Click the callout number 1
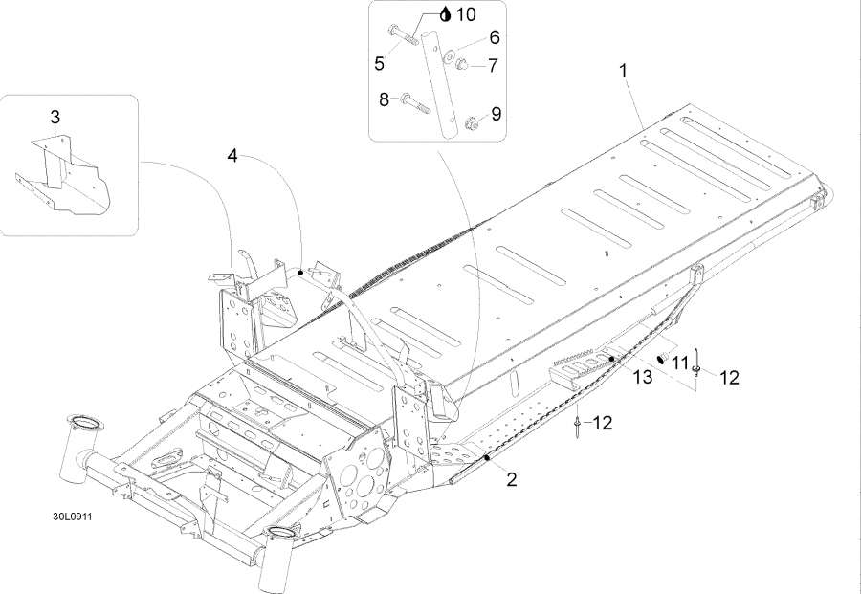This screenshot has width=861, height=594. pyautogui.click(x=624, y=70)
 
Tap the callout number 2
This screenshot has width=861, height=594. pyautogui.click(x=512, y=479)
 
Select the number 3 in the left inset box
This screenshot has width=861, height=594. pyautogui.click(x=55, y=117)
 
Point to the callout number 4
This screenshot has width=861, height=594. pyautogui.click(x=232, y=154)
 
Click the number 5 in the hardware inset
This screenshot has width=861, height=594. pyautogui.click(x=380, y=63)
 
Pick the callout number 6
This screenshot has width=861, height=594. pyautogui.click(x=494, y=37)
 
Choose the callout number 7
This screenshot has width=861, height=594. pyautogui.click(x=494, y=65)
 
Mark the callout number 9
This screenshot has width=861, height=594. pyautogui.click(x=496, y=114)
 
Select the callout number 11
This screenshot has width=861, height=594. pyautogui.click(x=680, y=362)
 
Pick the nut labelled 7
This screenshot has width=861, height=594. pyautogui.click(x=460, y=65)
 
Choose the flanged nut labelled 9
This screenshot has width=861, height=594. pyautogui.click(x=471, y=121)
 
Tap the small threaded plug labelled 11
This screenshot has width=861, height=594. pyautogui.click(x=661, y=358)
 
